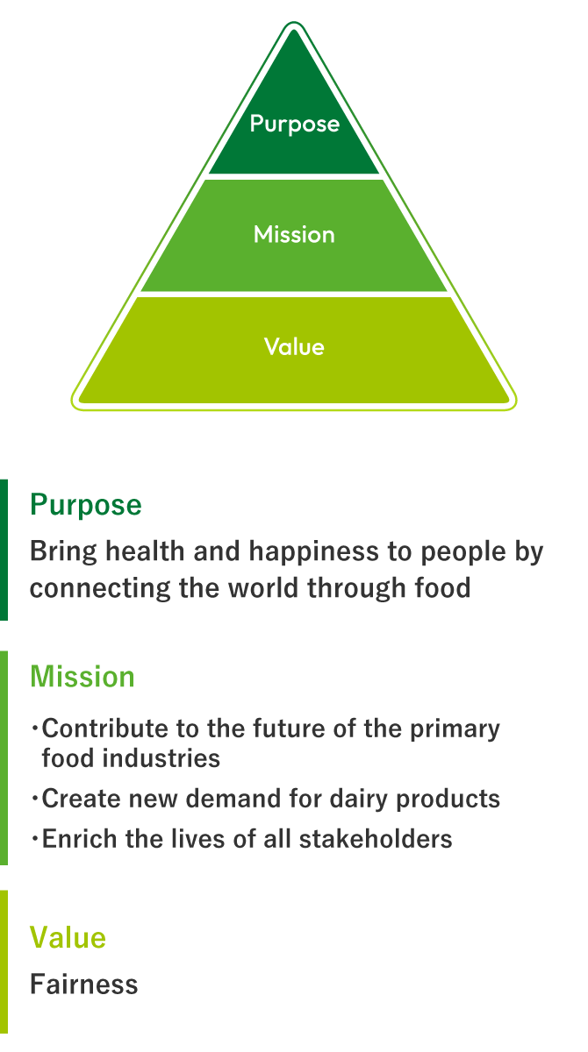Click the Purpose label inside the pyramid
pyautogui.click(x=294, y=124)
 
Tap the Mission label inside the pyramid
pyautogui.click(x=294, y=234)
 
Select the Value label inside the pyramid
pyautogui.click(x=294, y=346)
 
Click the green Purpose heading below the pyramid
pyautogui.click(x=85, y=506)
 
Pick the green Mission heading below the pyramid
pyautogui.click(x=82, y=677)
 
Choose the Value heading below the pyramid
pyautogui.click(x=68, y=937)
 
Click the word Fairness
pyautogui.click(x=83, y=984)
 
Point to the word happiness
pyautogui.click(x=313, y=551)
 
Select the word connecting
pyautogui.click(x=100, y=589)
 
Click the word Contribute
pyautogui.click(x=104, y=729)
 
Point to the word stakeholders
pyautogui.click(x=376, y=839)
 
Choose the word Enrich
pyautogui.click(x=80, y=839)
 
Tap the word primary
pyautogui.click(x=455, y=729)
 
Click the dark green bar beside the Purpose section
pyautogui.click(x=4, y=550)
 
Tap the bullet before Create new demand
pyautogui.click(x=35, y=799)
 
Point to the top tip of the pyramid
pyautogui.click(x=294, y=22)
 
